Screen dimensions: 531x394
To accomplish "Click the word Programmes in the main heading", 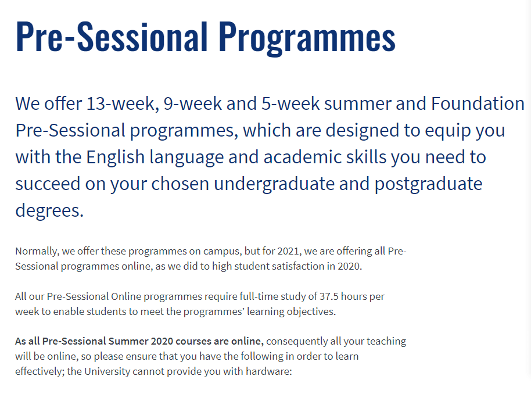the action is click(x=307, y=37).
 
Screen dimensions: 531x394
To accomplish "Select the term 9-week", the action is click(x=193, y=103).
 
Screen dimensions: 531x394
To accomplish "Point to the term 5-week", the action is click(x=290, y=103).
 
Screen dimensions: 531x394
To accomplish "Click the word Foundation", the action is click(x=478, y=103).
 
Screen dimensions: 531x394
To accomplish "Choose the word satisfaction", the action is click(x=298, y=266).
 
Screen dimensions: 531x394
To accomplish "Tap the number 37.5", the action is click(x=328, y=296).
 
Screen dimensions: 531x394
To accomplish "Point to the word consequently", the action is click(x=297, y=342).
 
